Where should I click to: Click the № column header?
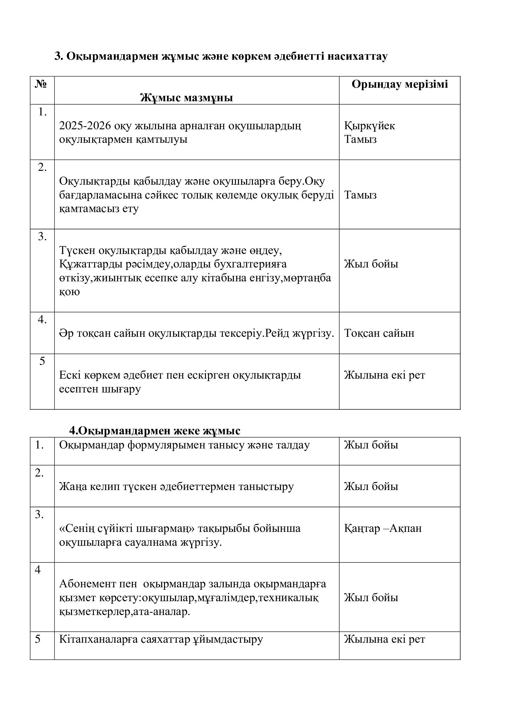tap(41, 84)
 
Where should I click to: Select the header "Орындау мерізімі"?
tap(400, 84)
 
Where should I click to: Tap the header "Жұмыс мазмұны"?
tap(186, 98)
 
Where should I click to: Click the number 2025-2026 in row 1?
tap(85, 126)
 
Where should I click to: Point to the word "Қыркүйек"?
tap(370, 126)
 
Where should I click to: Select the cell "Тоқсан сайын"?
tap(379, 333)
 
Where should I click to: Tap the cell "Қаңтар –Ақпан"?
tap(383, 528)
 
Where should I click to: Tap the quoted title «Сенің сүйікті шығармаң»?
tap(127, 528)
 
